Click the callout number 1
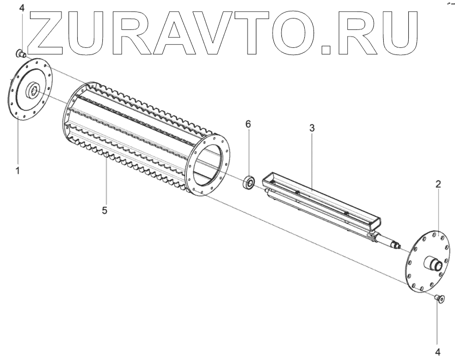(17, 170)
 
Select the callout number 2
(438, 184)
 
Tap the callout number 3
(311, 129)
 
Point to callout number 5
(105, 209)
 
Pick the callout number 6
(248, 125)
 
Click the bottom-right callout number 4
(438, 351)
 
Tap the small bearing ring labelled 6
(249, 182)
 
